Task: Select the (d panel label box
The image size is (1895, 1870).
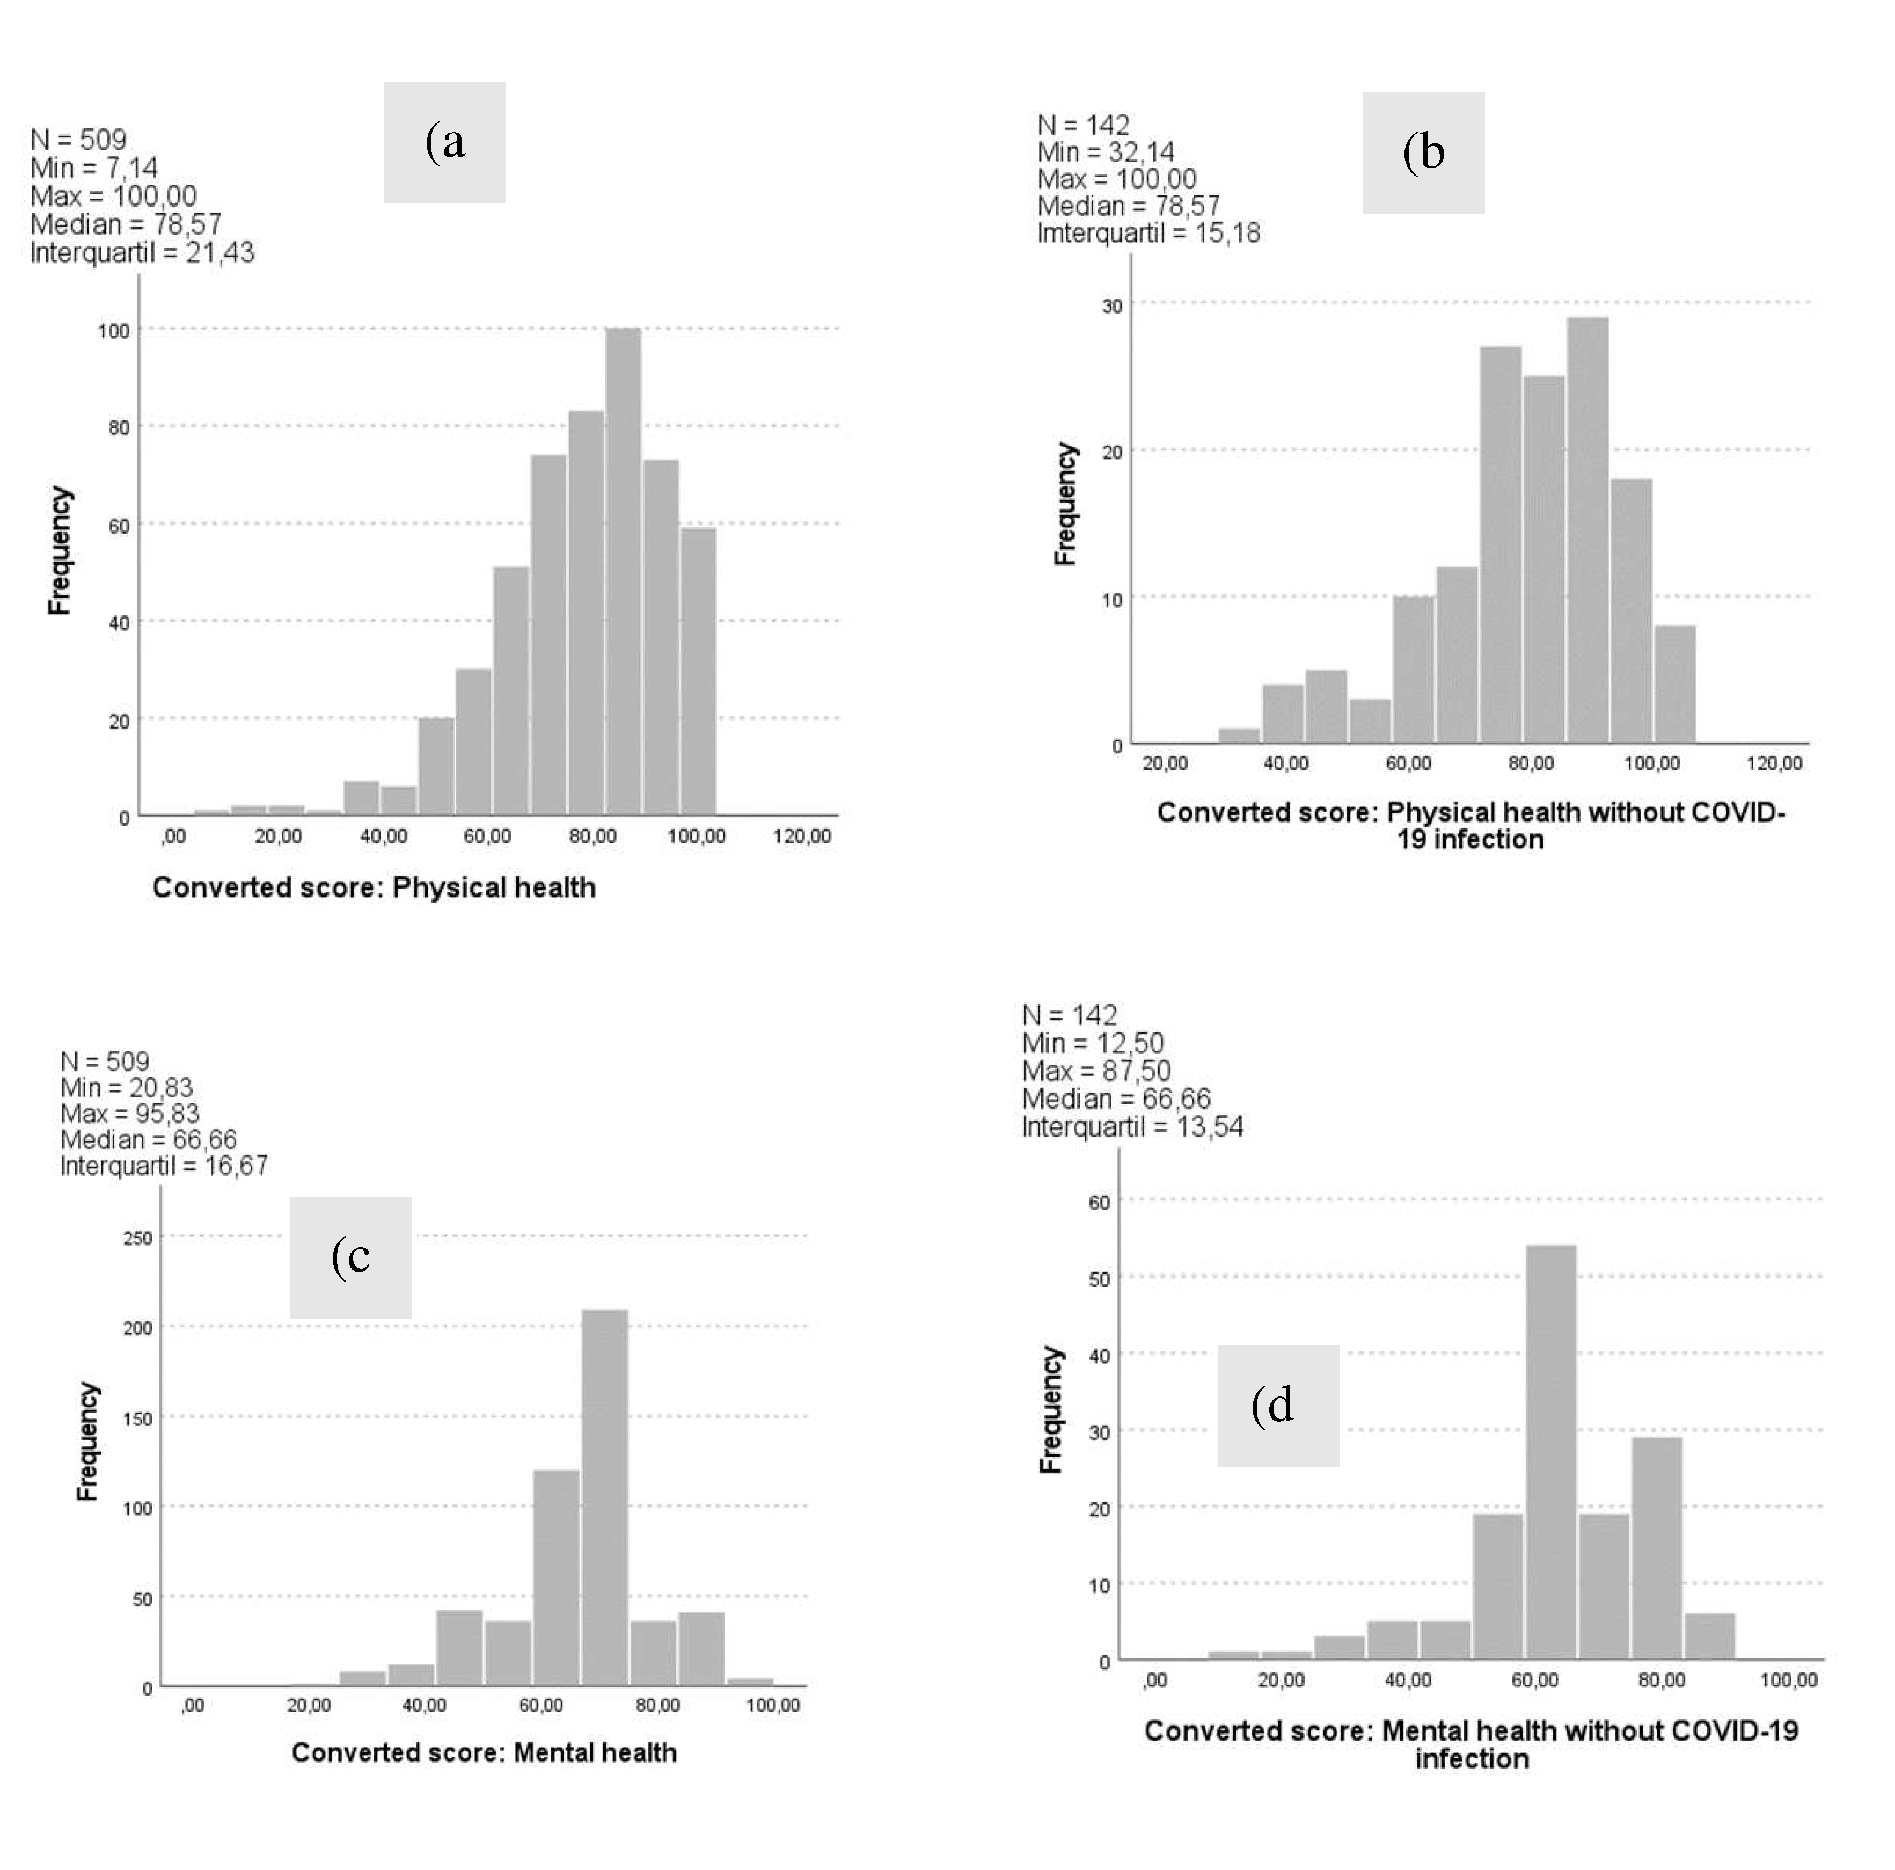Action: [1278, 1406]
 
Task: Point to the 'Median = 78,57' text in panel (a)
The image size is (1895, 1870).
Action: [126, 224]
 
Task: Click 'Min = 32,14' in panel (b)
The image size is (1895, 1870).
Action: [1106, 152]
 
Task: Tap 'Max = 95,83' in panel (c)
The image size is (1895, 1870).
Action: [129, 1114]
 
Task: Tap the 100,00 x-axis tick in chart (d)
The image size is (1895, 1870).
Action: [1788, 1679]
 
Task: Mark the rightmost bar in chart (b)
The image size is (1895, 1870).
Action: [1674, 684]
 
